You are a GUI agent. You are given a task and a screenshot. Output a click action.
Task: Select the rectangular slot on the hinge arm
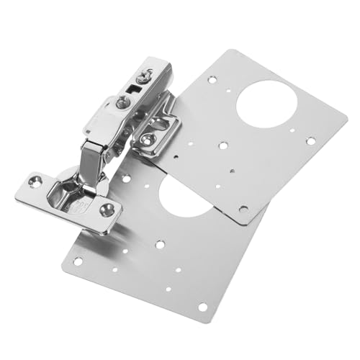133,89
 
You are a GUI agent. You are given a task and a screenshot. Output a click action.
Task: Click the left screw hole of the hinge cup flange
35,182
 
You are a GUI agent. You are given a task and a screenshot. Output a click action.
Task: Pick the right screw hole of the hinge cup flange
107,210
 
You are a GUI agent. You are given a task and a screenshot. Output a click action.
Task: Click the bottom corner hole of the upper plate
243,209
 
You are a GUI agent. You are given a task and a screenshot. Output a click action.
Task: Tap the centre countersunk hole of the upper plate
222,146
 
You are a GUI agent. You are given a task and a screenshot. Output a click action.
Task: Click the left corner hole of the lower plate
78,261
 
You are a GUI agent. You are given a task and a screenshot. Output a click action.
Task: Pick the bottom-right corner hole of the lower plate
202,307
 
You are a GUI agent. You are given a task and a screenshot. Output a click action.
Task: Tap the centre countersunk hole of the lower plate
159,244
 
